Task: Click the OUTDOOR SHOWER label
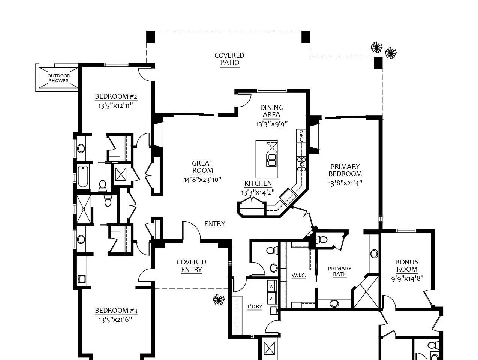point(59,78)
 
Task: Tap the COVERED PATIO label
point(229,59)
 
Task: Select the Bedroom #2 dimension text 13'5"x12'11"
point(115,106)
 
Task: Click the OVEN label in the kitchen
point(301,136)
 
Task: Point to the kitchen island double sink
point(271,160)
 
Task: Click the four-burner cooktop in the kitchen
point(301,164)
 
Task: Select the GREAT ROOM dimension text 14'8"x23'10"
point(202,180)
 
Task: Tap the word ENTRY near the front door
point(215,223)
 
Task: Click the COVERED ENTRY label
point(192,266)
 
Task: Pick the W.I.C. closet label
point(299,276)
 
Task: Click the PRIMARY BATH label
point(340,271)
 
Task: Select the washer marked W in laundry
point(271,286)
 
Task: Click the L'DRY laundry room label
point(255,306)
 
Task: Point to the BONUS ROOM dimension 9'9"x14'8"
point(407,279)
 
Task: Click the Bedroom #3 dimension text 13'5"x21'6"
point(115,320)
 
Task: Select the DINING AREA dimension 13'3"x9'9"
point(272,124)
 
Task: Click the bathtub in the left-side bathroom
point(83,176)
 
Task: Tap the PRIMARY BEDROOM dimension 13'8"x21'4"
point(345,183)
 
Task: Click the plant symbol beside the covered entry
point(219,300)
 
